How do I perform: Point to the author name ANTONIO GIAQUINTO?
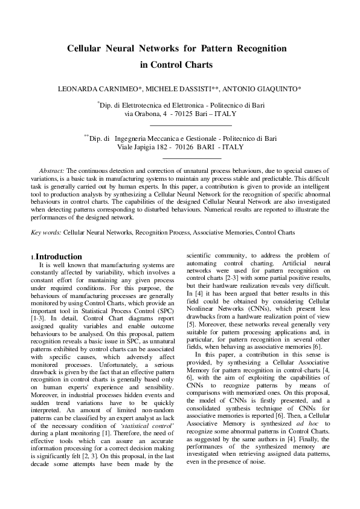[x=265, y=89]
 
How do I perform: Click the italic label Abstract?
[x=51, y=171]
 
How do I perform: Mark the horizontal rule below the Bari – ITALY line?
[x=179, y=123]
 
